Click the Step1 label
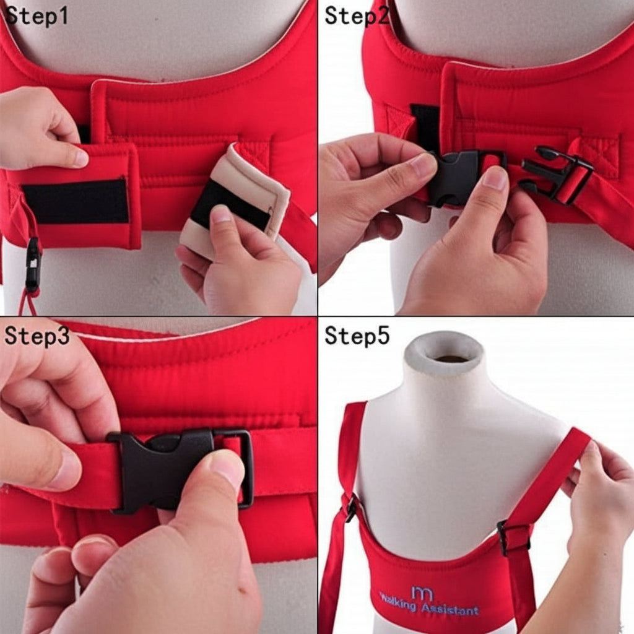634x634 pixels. pyautogui.click(x=36, y=16)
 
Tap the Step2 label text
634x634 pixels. pyautogui.click(x=356, y=16)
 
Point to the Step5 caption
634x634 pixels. pyautogui.click(x=357, y=336)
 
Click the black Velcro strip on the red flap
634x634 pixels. pyautogui.click(x=76, y=202)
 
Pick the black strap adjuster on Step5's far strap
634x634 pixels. pyautogui.click(x=351, y=508)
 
